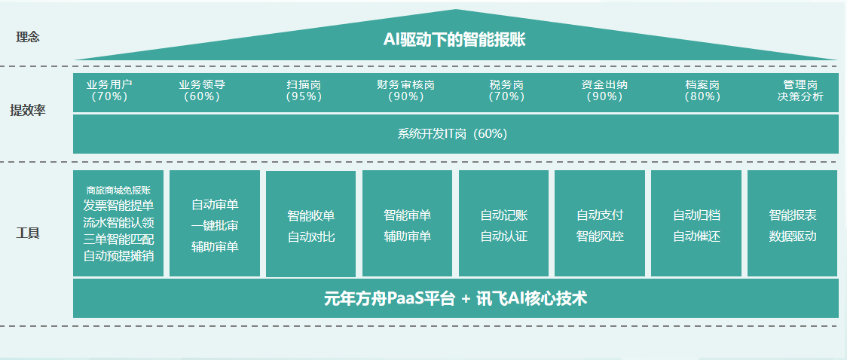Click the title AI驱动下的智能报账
pyautogui.click(x=454, y=40)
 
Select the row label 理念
pyautogui.click(x=28, y=37)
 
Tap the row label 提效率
pyautogui.click(x=28, y=110)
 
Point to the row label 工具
pyautogui.click(x=28, y=233)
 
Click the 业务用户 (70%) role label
pyautogui.click(x=109, y=90)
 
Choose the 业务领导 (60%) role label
pyautogui.click(x=202, y=90)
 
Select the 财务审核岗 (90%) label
pyautogui.click(x=405, y=90)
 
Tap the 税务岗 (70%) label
pyautogui.click(x=506, y=90)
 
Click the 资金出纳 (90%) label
pyautogui.click(x=604, y=90)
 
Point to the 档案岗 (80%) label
pyautogui.click(x=702, y=90)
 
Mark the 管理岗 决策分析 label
pyautogui.click(x=800, y=90)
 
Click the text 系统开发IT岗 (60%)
pyautogui.click(x=452, y=134)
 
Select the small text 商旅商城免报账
pyautogui.click(x=118, y=190)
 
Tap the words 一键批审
pyautogui.click(x=215, y=226)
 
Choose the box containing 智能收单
pyautogui.click(x=310, y=224)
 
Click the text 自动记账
pyautogui.click(x=504, y=215)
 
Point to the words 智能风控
pyautogui.click(x=600, y=236)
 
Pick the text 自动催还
pyautogui.click(x=697, y=236)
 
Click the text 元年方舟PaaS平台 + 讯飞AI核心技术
pyautogui.click(x=455, y=298)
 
